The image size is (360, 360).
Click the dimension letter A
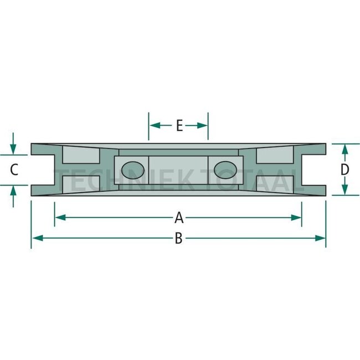point(178,217)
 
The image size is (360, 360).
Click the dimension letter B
point(178,238)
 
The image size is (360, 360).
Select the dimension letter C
point(15,169)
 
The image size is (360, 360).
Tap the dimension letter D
point(344,169)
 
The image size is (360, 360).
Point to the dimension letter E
point(179,126)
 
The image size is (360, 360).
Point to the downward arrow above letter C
point(13,148)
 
